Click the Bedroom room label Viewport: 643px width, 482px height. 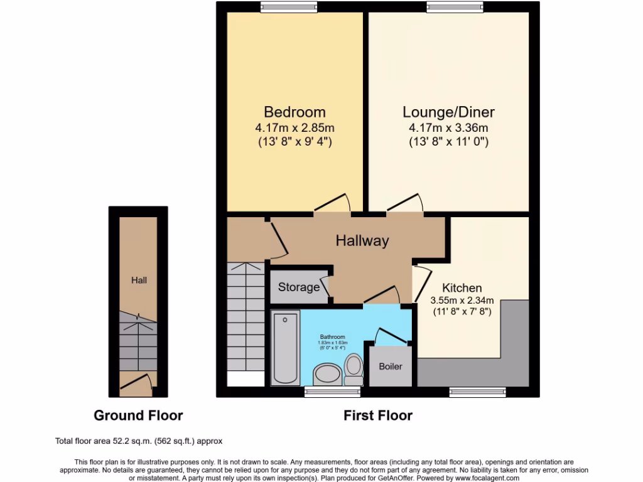(294, 112)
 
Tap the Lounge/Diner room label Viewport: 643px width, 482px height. (448, 112)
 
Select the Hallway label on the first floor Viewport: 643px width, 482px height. (362, 240)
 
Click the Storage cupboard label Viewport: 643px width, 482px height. (299, 287)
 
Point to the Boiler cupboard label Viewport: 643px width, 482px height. (390, 366)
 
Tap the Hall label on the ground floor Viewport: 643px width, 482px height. (139, 280)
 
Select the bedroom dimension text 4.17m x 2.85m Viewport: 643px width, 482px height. (294, 128)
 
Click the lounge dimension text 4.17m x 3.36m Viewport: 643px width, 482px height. (448, 128)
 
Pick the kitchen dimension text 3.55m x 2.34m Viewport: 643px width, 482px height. (462, 300)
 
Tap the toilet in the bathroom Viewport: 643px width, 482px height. (354, 369)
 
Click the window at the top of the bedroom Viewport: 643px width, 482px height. (280, 7)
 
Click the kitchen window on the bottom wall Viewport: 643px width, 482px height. (478, 392)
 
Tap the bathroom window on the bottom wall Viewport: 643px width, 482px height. (324, 392)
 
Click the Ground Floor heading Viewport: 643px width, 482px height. (138, 415)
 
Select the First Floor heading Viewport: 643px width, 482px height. (378, 415)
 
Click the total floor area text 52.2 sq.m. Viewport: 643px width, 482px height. (139, 441)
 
